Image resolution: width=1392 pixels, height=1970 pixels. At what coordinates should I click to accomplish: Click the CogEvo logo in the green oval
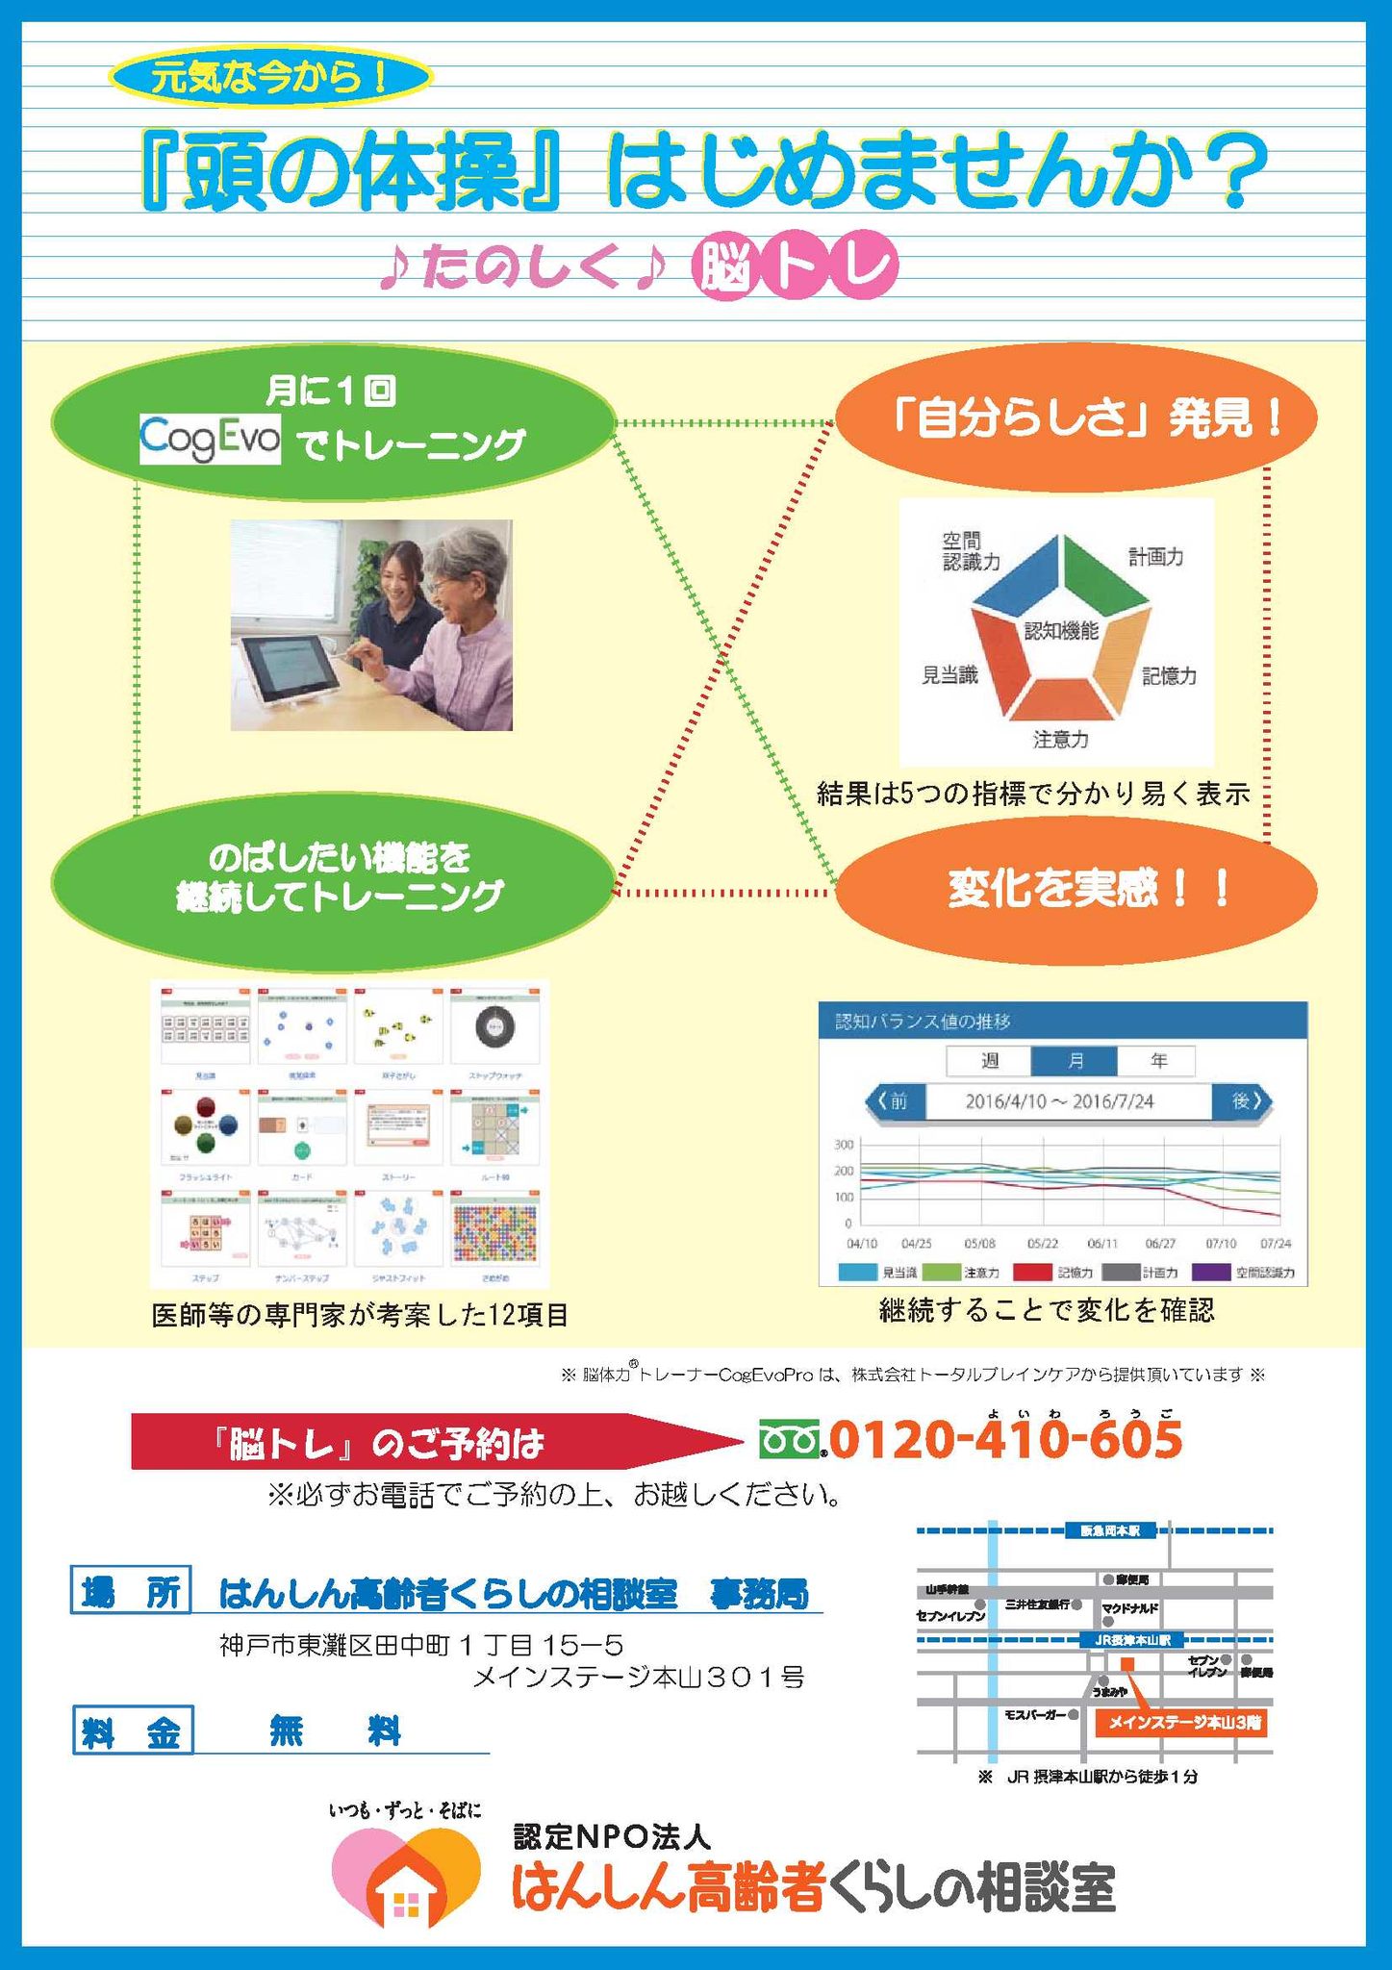(x=210, y=440)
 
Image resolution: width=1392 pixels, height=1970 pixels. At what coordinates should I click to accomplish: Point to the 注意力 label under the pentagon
(x=1060, y=740)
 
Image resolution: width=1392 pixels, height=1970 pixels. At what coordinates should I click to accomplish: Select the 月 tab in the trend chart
(x=1074, y=1061)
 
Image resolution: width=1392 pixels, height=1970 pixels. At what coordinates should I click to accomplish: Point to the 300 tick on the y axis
(x=843, y=1145)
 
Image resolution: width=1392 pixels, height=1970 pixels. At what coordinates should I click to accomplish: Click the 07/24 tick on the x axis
(x=1275, y=1244)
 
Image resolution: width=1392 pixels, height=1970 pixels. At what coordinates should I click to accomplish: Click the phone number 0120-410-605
(x=1005, y=1440)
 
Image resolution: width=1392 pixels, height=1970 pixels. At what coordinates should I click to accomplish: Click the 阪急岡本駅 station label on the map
(x=1111, y=1530)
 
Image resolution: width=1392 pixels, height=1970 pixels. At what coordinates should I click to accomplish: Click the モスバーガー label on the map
(x=1035, y=1714)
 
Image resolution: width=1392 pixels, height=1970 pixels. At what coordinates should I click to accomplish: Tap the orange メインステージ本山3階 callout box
(x=1182, y=1723)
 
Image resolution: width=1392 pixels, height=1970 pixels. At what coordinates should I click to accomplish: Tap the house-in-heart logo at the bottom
(x=405, y=1876)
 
